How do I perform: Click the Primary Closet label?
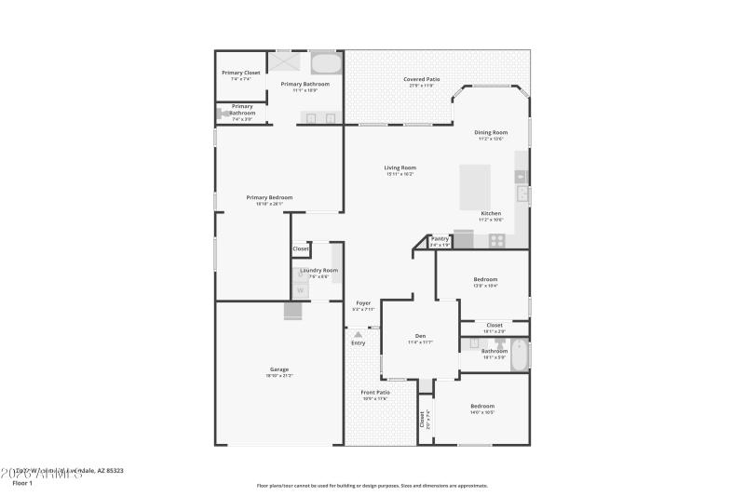click(240, 73)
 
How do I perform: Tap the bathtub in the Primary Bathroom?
click(325, 63)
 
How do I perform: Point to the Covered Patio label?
click(422, 79)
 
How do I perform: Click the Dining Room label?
click(491, 132)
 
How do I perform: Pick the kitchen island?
click(476, 189)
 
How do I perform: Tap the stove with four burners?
click(497, 240)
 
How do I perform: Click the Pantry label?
click(440, 238)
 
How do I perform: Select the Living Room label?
click(400, 168)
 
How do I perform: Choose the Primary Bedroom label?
click(269, 197)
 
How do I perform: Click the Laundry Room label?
click(318, 270)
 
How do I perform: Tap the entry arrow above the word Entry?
click(358, 333)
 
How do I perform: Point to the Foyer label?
click(363, 302)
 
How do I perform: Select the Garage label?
click(279, 369)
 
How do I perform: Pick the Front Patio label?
click(375, 393)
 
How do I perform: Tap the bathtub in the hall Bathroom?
click(518, 355)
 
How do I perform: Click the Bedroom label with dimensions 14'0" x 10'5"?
click(482, 406)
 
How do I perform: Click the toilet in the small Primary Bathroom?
click(223, 114)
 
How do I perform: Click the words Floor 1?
click(22, 483)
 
